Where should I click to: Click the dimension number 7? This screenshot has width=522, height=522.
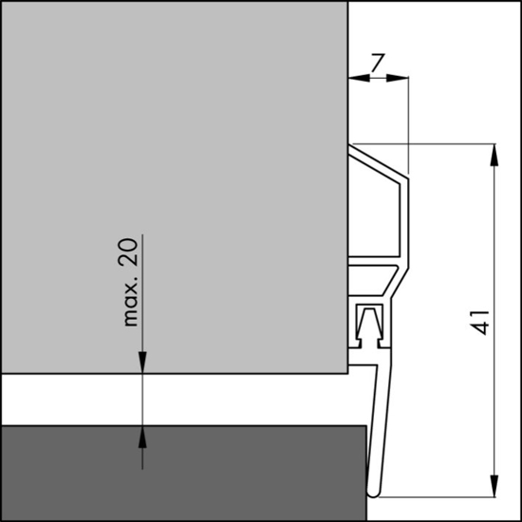click(x=377, y=65)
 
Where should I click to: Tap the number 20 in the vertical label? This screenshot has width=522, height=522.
click(x=130, y=253)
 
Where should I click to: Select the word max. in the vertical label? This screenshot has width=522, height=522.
click(x=130, y=302)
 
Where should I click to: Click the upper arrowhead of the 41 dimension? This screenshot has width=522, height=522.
click(x=495, y=155)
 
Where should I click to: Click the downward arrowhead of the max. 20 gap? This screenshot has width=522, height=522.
click(x=142, y=364)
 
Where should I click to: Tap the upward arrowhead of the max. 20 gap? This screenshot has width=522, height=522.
click(x=142, y=437)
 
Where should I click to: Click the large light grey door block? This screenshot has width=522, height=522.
click(x=171, y=190)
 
